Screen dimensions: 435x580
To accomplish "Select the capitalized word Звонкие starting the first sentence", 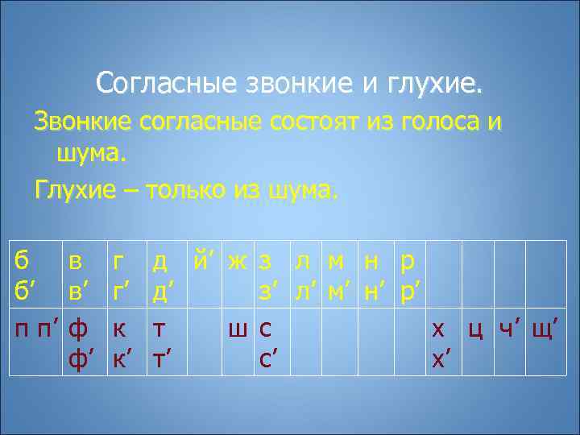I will (x=82, y=122).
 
